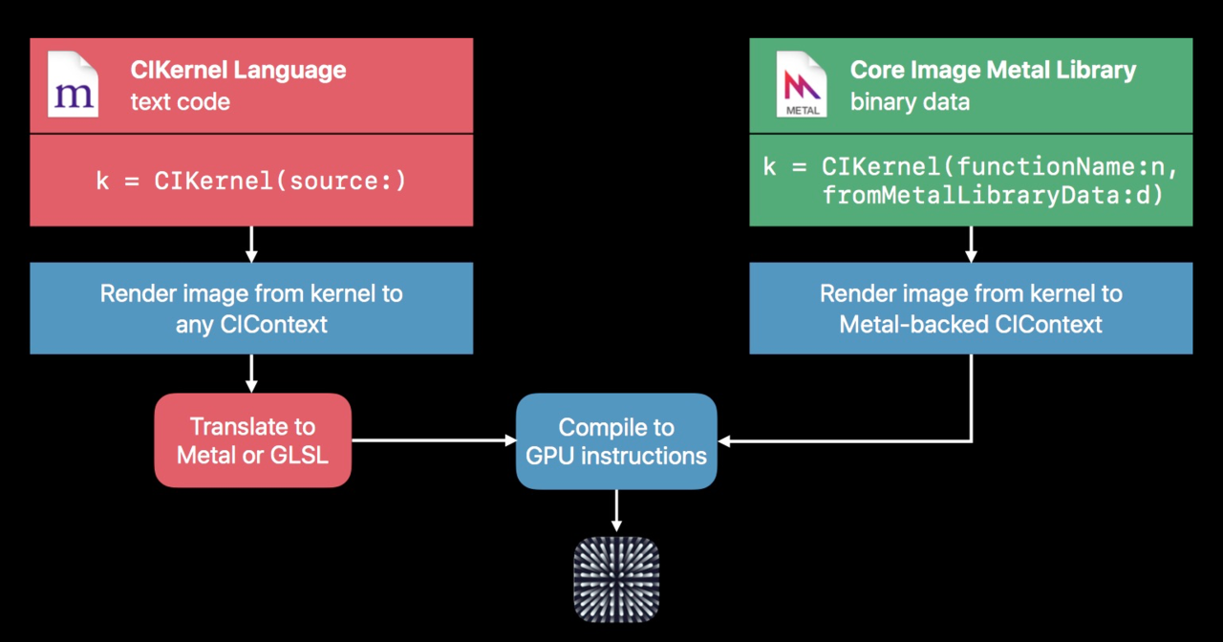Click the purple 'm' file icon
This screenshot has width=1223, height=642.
pyautogui.click(x=74, y=84)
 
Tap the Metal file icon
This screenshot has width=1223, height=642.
pyautogui.click(x=802, y=84)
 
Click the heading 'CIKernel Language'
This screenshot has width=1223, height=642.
pyautogui.click(x=238, y=71)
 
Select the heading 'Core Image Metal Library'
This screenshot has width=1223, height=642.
pyautogui.click(x=993, y=71)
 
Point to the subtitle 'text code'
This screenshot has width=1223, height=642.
pyautogui.click(x=181, y=102)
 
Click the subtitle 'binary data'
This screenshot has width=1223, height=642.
pyautogui.click(x=910, y=102)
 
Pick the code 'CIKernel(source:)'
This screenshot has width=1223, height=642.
pyautogui.click(x=280, y=182)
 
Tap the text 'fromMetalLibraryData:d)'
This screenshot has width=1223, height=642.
pyautogui.click(x=993, y=195)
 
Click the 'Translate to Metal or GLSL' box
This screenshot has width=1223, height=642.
pyautogui.click(x=253, y=440)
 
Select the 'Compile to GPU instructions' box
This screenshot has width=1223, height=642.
pyautogui.click(x=616, y=441)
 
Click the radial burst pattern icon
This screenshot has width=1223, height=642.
pyautogui.click(x=616, y=580)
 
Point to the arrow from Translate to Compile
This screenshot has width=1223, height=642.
pyautogui.click(x=434, y=440)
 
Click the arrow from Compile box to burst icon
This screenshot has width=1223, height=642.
pyautogui.click(x=616, y=510)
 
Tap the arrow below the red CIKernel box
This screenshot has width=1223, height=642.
pyautogui.click(x=251, y=245)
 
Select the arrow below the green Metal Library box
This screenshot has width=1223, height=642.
pyautogui.click(x=971, y=245)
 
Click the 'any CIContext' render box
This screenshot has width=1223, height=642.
pyautogui.click(x=251, y=309)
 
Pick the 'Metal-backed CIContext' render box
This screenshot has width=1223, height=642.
pyautogui.click(x=971, y=309)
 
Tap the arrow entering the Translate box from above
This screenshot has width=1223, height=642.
pyautogui.click(x=251, y=374)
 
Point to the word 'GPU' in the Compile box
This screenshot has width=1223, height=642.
pyautogui.click(x=550, y=457)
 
